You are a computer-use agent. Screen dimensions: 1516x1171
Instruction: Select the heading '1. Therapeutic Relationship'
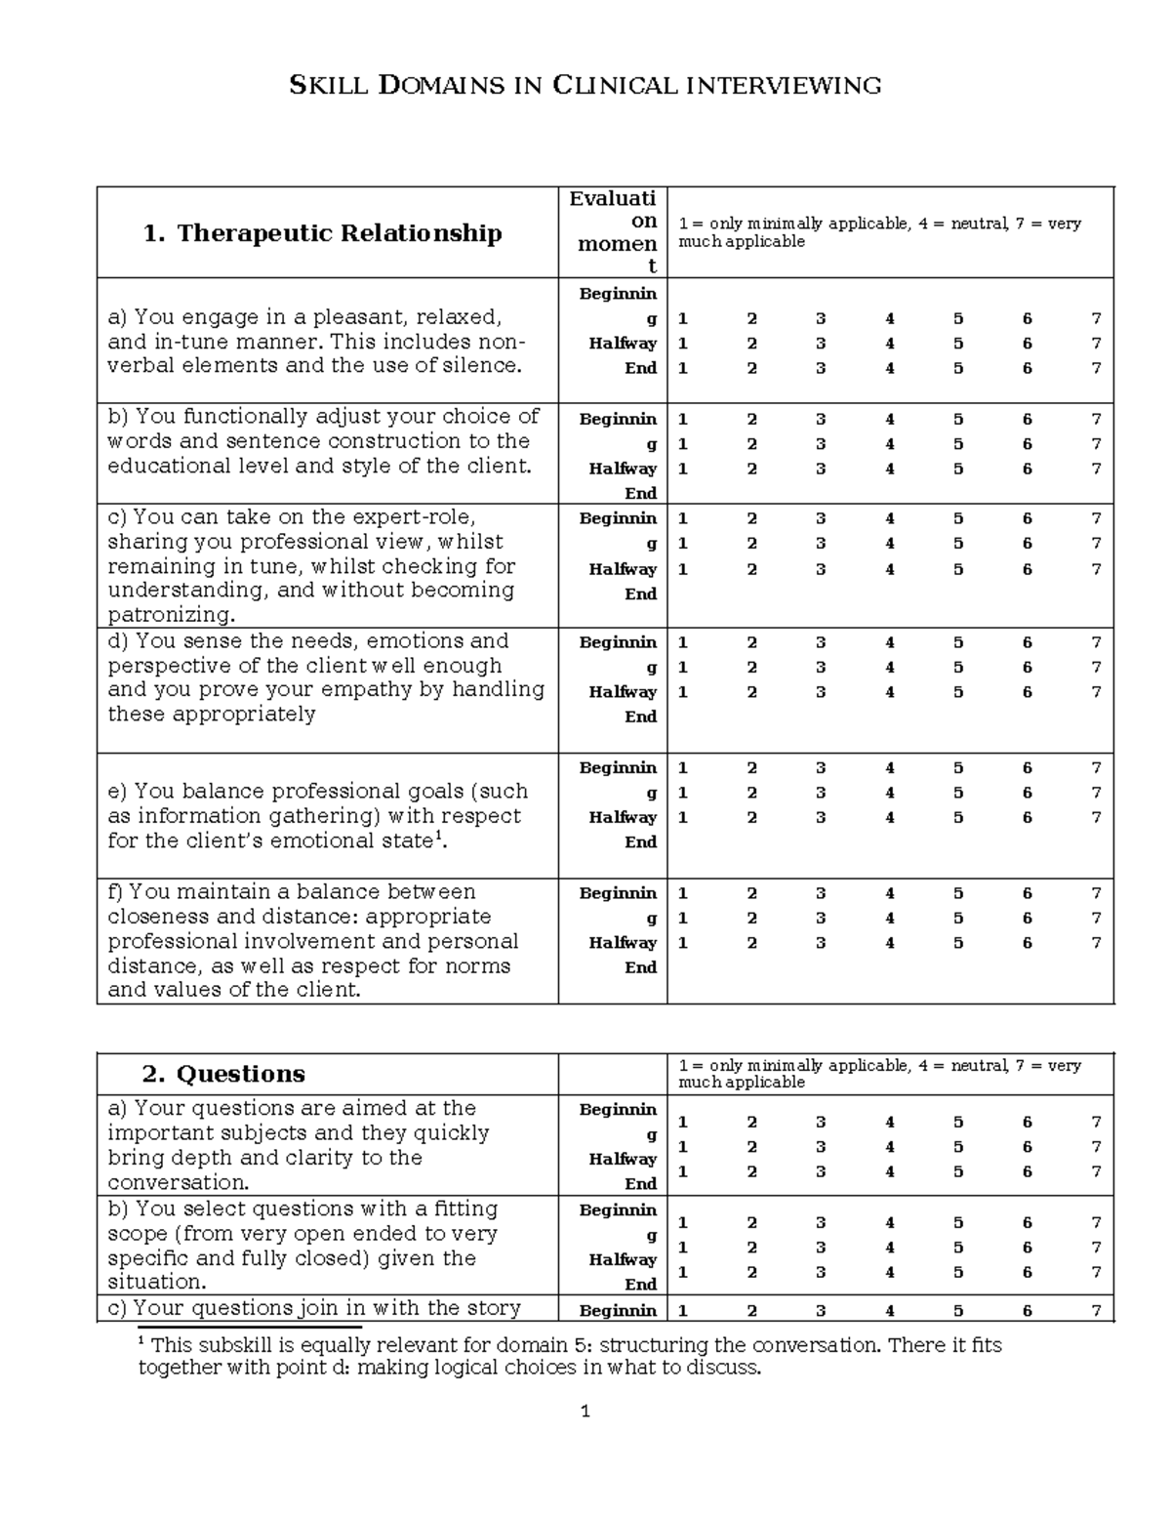tap(322, 233)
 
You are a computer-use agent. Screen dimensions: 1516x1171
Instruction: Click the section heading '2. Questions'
tap(223, 1074)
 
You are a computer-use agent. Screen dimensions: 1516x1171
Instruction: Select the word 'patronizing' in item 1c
tap(171, 615)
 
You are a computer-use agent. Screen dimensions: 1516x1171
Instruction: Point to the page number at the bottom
tap(585, 1412)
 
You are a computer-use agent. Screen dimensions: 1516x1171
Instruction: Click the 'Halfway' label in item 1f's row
tap(623, 943)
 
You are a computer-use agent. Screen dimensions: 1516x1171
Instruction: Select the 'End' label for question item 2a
tap(640, 1184)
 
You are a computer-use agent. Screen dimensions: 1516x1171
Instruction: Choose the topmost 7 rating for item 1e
tap(1096, 768)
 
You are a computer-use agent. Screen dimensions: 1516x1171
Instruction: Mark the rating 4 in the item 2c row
tap(889, 1311)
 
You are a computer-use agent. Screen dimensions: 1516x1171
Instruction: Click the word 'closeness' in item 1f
tap(152, 917)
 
